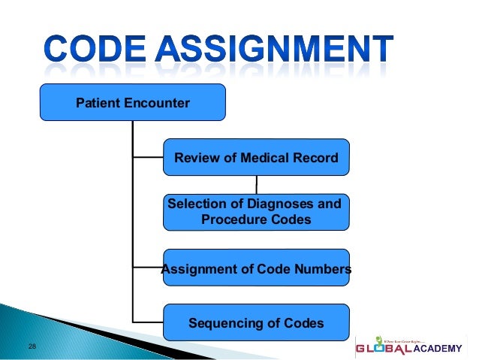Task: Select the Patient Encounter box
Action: click(133, 102)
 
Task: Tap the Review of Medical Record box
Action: click(256, 157)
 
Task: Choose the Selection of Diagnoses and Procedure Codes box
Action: click(256, 212)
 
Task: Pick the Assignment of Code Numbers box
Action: click(256, 268)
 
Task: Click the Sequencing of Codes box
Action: click(256, 323)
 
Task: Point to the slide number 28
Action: click(32, 346)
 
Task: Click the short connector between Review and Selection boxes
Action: click(257, 185)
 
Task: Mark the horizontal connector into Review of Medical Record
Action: click(148, 158)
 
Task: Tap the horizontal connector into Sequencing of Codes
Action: click(148, 323)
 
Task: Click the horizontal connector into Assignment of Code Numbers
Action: click(148, 268)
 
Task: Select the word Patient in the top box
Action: click(96, 103)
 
